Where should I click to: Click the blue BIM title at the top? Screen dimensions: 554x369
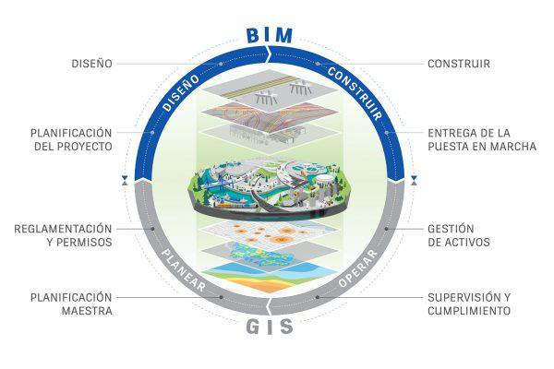coord(270,35)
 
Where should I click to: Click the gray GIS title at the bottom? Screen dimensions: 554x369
coord(270,327)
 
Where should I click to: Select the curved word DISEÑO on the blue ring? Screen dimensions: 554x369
coord(181,92)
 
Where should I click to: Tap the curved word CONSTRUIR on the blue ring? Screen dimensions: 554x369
coord(355,93)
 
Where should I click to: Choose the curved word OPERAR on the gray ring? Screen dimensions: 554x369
coord(358,268)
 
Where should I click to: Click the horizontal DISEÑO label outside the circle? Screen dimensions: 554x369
coord(91,64)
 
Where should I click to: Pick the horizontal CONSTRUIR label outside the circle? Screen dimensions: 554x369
coord(459,64)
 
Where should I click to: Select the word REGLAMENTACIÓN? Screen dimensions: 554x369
coord(63,229)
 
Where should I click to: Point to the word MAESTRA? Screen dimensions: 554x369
coord(88,311)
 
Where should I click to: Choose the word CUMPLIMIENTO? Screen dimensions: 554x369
coord(469,311)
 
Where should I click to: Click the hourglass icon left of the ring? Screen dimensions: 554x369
coord(125,181)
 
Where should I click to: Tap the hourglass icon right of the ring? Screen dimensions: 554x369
coord(414,181)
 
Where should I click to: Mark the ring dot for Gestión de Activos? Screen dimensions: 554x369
coord(387,229)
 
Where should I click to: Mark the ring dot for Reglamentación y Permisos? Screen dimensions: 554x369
coord(152,229)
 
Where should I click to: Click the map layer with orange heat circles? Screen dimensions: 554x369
coord(270,232)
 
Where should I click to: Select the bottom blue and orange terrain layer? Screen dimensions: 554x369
coord(270,277)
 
